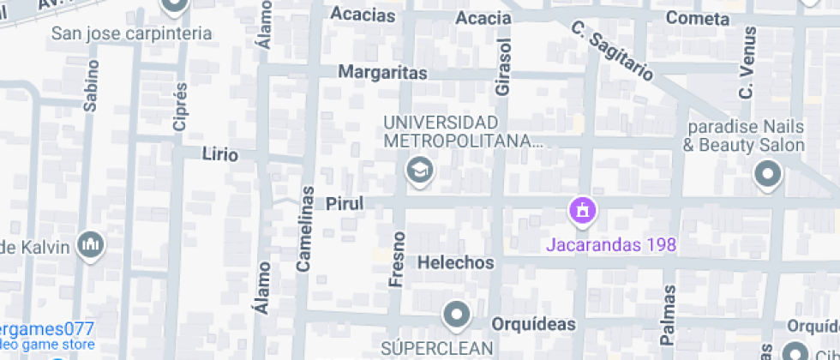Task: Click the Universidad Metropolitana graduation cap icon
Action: pyautogui.click(x=419, y=171)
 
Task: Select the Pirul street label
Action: pyautogui.click(x=345, y=203)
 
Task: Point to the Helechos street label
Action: pyautogui.click(x=455, y=262)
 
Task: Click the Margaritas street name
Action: pyautogui.click(x=382, y=73)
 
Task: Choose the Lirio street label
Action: pyautogui.click(x=219, y=154)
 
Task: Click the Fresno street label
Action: pyautogui.click(x=397, y=258)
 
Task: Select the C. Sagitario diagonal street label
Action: pyautogui.click(x=610, y=51)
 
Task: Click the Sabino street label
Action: pyautogui.click(x=91, y=86)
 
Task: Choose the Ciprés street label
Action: pyautogui.click(x=180, y=107)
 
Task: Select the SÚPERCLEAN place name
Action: pyautogui.click(x=438, y=347)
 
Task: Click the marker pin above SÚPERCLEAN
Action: pyautogui.click(x=456, y=315)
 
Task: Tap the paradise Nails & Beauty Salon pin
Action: pyautogui.click(x=767, y=176)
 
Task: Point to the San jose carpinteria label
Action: pyautogui.click(x=132, y=33)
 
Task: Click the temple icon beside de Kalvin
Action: pyautogui.click(x=90, y=246)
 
